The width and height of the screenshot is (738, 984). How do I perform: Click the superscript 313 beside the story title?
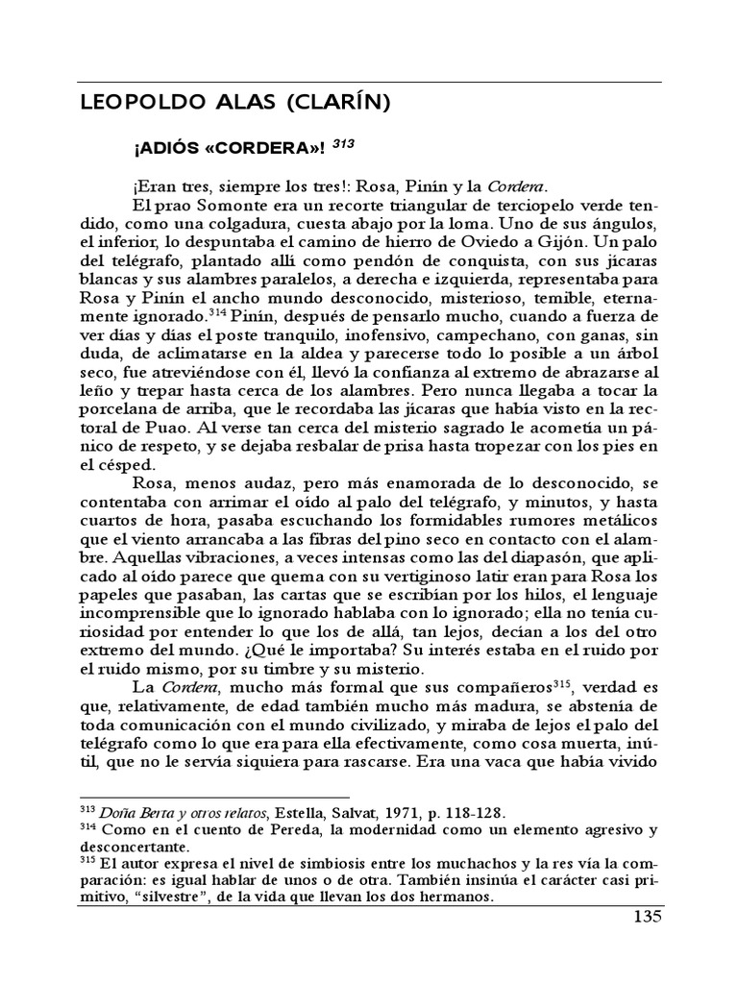[x=343, y=145]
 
